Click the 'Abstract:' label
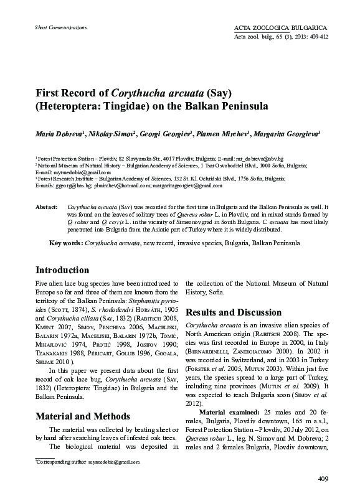click(x=46, y=206)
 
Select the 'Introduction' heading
click(x=62, y=270)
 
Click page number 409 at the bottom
click(x=323, y=478)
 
